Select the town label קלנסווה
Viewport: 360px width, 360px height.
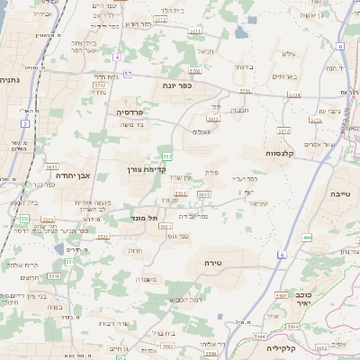(x=286, y=153)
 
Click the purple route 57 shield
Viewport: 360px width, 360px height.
(x=129, y=74)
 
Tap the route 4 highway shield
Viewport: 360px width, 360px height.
(x=117, y=57)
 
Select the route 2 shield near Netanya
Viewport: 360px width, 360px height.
(x=25, y=122)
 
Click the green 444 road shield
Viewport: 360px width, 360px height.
(x=307, y=238)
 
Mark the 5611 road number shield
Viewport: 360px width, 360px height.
(x=51, y=166)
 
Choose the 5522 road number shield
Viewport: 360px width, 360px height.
(x=103, y=236)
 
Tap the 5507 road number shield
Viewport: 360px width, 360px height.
(x=282, y=295)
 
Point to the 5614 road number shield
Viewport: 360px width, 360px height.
(x=284, y=131)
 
